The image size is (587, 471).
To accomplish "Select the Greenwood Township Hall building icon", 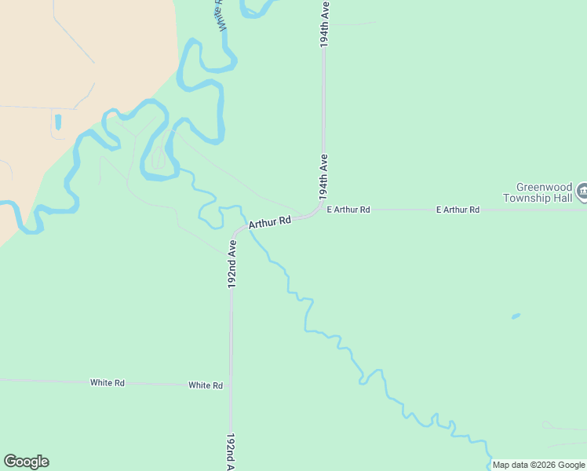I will pos(582,192).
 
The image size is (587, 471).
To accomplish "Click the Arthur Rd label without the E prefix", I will pos(270,223).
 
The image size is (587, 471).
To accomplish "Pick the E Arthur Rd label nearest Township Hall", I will pos(458,210).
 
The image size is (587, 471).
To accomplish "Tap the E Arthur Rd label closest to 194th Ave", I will pos(348,210).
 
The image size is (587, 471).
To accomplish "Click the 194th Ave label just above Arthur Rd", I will pos(323,176).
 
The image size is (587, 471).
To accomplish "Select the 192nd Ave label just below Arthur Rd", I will pos(232,265).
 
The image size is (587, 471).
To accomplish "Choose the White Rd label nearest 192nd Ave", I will pos(206,385).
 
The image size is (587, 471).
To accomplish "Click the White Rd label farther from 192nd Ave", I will pos(108,383).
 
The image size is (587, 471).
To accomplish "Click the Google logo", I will pos(26,462).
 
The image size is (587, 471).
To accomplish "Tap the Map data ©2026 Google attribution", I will pos(538,465).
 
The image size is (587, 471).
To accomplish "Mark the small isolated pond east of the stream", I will pos(516,316).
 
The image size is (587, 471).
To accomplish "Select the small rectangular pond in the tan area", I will pos(57,122).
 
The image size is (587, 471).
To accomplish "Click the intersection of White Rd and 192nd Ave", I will pos(231,385).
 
